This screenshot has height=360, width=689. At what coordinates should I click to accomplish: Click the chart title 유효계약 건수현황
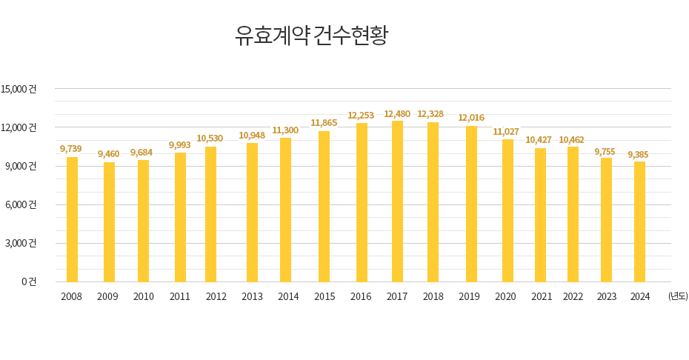tap(311, 36)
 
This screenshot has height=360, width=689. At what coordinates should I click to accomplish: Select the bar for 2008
tap(72, 219)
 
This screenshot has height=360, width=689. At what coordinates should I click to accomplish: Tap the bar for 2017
tap(398, 201)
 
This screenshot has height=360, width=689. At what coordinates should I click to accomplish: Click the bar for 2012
tap(211, 214)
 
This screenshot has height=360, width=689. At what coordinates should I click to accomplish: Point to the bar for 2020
tap(507, 210)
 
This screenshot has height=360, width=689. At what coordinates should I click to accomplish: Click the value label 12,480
tap(397, 114)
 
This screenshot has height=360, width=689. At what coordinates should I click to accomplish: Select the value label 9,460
tap(108, 154)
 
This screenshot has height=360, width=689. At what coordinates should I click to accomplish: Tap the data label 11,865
tap(324, 123)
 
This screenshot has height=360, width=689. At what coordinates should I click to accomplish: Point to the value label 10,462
tap(571, 140)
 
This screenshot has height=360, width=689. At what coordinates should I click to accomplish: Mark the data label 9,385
tap(639, 155)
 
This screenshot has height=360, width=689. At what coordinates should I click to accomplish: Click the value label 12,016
tap(471, 118)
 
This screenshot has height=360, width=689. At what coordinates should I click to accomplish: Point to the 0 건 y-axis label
tap(29, 281)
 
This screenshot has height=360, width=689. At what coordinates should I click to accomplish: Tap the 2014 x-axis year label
tap(288, 297)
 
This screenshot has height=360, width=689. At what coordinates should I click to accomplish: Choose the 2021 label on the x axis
tap(542, 297)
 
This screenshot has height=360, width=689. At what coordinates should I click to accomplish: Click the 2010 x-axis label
tap(143, 297)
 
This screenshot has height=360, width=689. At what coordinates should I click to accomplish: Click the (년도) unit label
tap(677, 296)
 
